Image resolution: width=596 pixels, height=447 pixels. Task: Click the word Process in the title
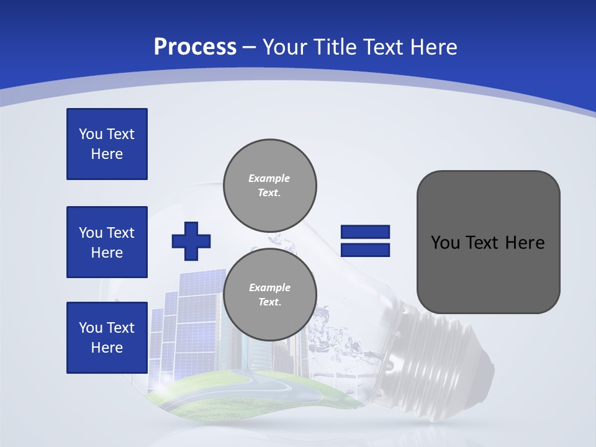point(195,47)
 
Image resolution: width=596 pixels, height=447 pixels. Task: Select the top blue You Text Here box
point(107,144)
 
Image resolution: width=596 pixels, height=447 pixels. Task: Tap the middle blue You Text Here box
point(107,242)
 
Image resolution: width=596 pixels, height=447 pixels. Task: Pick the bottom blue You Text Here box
point(107,338)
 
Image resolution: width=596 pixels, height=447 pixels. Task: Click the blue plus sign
point(191,240)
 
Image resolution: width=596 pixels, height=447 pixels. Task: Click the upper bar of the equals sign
point(365,232)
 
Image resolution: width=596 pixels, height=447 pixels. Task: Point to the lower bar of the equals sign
point(365,250)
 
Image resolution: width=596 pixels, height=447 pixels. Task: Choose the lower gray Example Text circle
point(269,294)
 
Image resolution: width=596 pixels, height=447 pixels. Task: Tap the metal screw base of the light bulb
point(435,348)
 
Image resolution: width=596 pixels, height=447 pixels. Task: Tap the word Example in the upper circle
point(269,178)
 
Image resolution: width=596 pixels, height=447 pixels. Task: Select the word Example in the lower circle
point(269,287)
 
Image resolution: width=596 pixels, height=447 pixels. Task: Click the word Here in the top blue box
point(107,154)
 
